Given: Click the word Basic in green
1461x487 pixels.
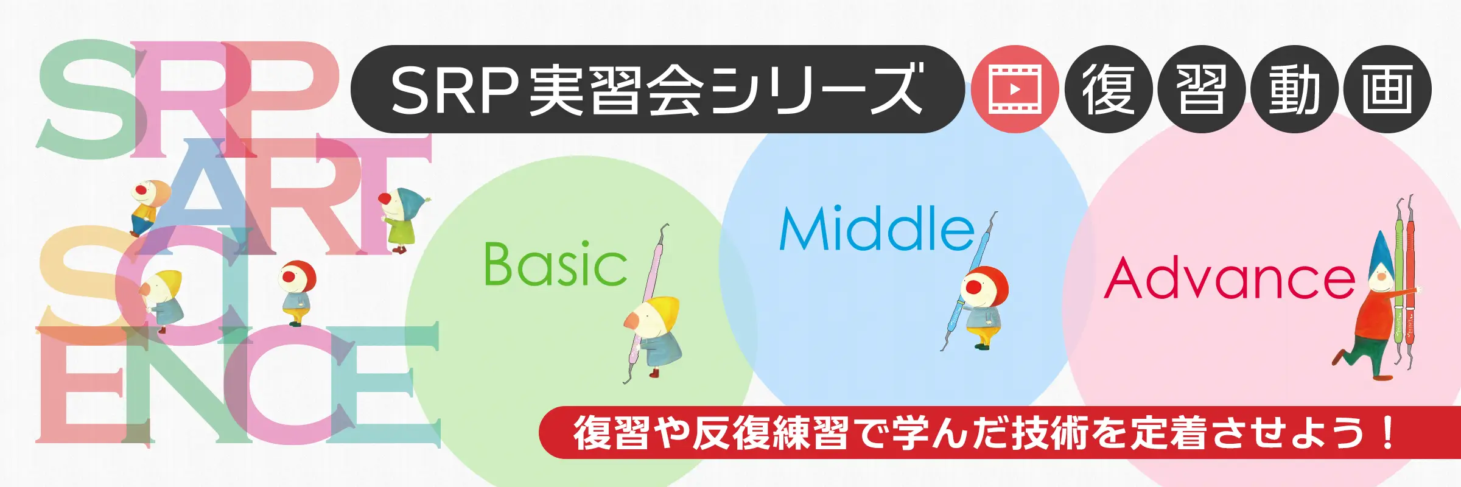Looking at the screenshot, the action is (x=555, y=264).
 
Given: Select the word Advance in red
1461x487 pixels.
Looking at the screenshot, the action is (x=1230, y=278).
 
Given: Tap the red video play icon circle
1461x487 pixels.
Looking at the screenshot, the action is (x=1015, y=89).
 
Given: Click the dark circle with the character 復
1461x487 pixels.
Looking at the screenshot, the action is (x=1109, y=89).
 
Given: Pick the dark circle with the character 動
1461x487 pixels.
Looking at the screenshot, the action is (x=1294, y=89).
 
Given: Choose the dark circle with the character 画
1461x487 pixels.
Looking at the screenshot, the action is (x=1387, y=89).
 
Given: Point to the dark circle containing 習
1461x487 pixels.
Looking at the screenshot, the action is (x=1202, y=89).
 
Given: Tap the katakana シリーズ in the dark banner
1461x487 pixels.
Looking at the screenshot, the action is (x=816, y=90).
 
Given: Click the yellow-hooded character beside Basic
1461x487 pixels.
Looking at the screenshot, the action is (x=653, y=335).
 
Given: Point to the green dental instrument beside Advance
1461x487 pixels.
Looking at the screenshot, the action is (x=1399, y=279).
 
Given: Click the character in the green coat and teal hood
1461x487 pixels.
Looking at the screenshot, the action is (x=402, y=219).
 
